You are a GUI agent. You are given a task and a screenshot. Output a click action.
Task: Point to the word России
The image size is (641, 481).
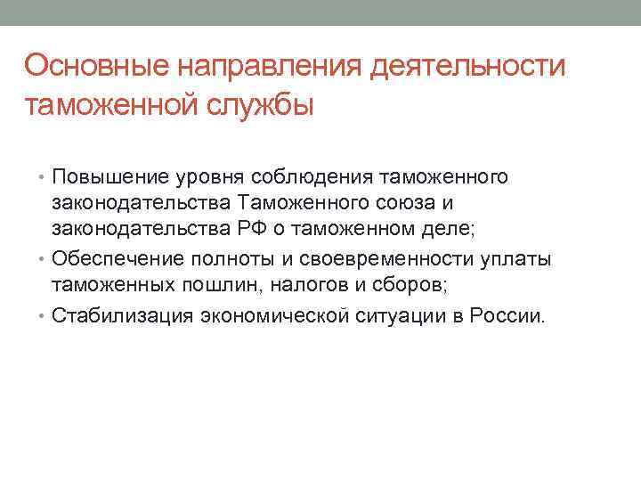509,315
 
